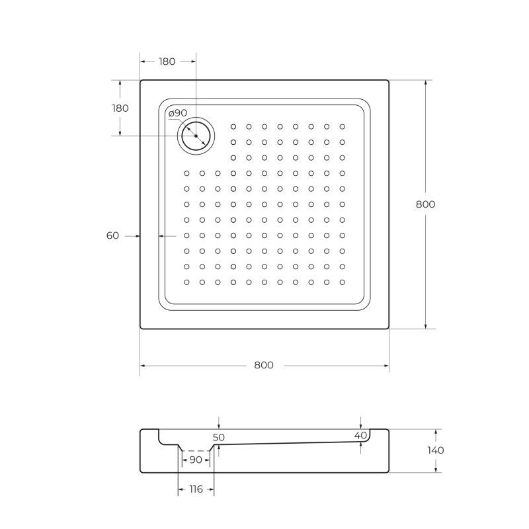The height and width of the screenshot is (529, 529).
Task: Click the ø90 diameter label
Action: tap(178, 113)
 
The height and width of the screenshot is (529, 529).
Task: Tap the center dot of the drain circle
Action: tap(196, 135)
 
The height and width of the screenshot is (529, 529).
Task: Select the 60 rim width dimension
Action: tap(112, 235)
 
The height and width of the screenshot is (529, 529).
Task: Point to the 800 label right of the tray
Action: tap(425, 204)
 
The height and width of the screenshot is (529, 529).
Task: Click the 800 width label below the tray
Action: tap(264, 366)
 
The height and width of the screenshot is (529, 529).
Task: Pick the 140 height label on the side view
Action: tap(436, 450)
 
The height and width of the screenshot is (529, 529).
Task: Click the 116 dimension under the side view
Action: tap(195, 489)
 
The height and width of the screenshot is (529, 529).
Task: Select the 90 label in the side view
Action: tap(195, 460)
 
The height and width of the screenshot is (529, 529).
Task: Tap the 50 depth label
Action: tap(219, 437)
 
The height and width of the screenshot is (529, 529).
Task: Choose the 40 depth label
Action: tap(360, 435)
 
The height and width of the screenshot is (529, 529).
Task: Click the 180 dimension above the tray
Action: tap(167, 61)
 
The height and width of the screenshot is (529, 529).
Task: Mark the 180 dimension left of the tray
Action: tap(120, 108)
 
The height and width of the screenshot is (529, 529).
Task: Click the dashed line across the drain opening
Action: tap(195, 450)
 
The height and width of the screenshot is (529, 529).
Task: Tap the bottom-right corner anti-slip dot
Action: tap(342, 282)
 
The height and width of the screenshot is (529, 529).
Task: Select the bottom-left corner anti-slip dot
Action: tap(186, 282)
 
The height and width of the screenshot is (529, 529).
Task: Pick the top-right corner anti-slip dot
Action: tap(342, 126)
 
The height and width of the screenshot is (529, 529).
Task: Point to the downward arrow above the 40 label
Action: tap(360, 424)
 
